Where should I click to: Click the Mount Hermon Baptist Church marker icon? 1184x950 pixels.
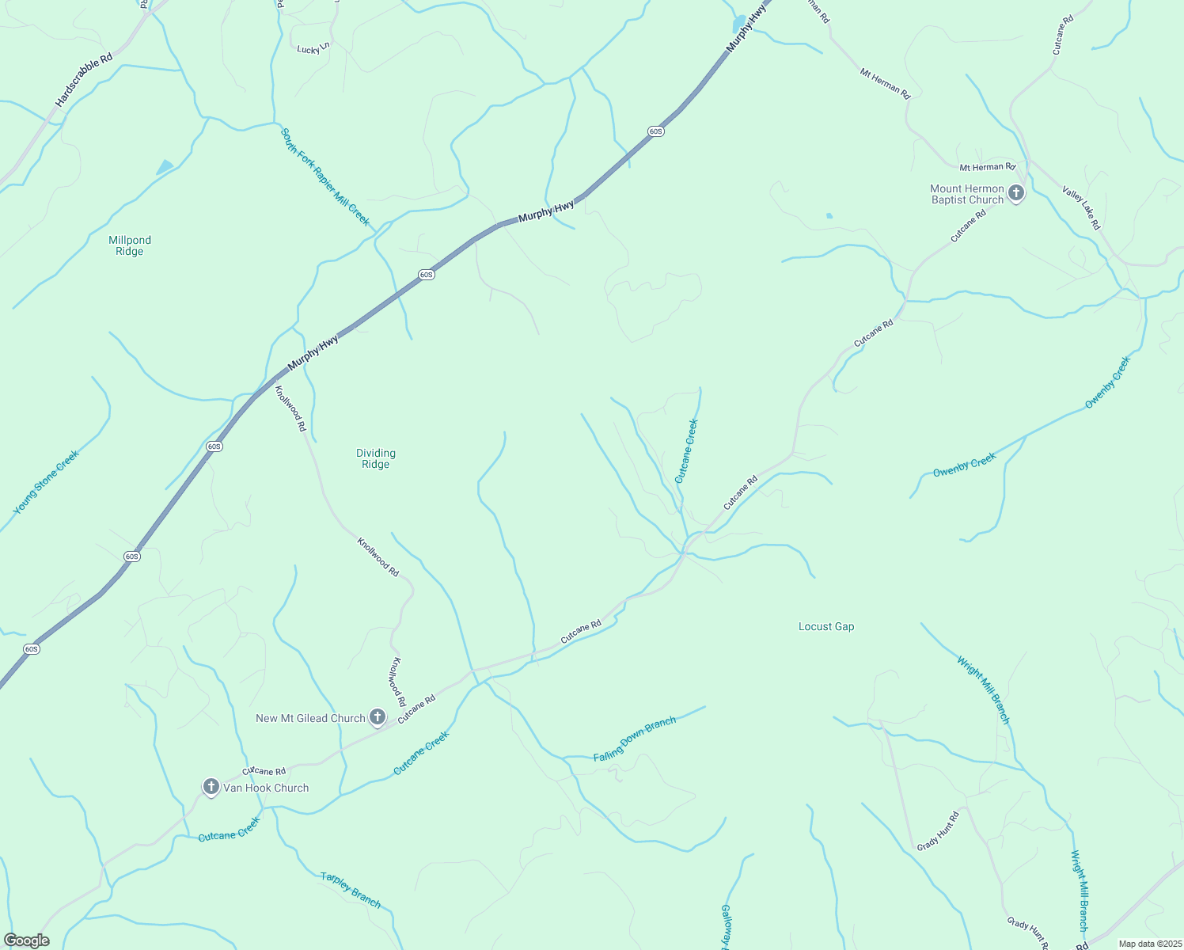click(1016, 192)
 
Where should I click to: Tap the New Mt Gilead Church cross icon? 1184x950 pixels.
click(378, 717)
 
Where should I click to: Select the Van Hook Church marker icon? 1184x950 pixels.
click(211, 787)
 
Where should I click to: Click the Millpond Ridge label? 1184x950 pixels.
click(130, 245)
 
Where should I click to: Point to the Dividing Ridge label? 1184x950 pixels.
click(375, 458)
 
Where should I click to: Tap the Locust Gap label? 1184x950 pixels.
click(826, 626)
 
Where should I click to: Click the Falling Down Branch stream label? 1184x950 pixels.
click(635, 739)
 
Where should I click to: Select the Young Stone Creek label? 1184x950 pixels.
click(46, 482)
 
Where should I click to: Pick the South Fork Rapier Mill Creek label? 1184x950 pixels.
click(325, 177)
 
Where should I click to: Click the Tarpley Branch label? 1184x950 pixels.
click(351, 889)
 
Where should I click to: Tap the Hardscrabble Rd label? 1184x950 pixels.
click(84, 80)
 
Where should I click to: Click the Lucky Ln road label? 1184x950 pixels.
click(313, 49)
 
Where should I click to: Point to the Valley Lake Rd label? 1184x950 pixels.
click(1081, 208)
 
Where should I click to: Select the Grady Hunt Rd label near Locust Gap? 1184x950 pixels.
click(939, 830)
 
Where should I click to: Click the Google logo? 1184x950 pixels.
click(26, 940)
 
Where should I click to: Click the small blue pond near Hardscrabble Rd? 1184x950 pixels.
click(165, 167)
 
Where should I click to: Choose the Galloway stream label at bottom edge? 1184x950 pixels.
click(725, 927)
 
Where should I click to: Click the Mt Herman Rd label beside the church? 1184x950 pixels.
click(987, 167)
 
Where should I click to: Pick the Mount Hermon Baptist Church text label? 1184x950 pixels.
click(967, 194)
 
